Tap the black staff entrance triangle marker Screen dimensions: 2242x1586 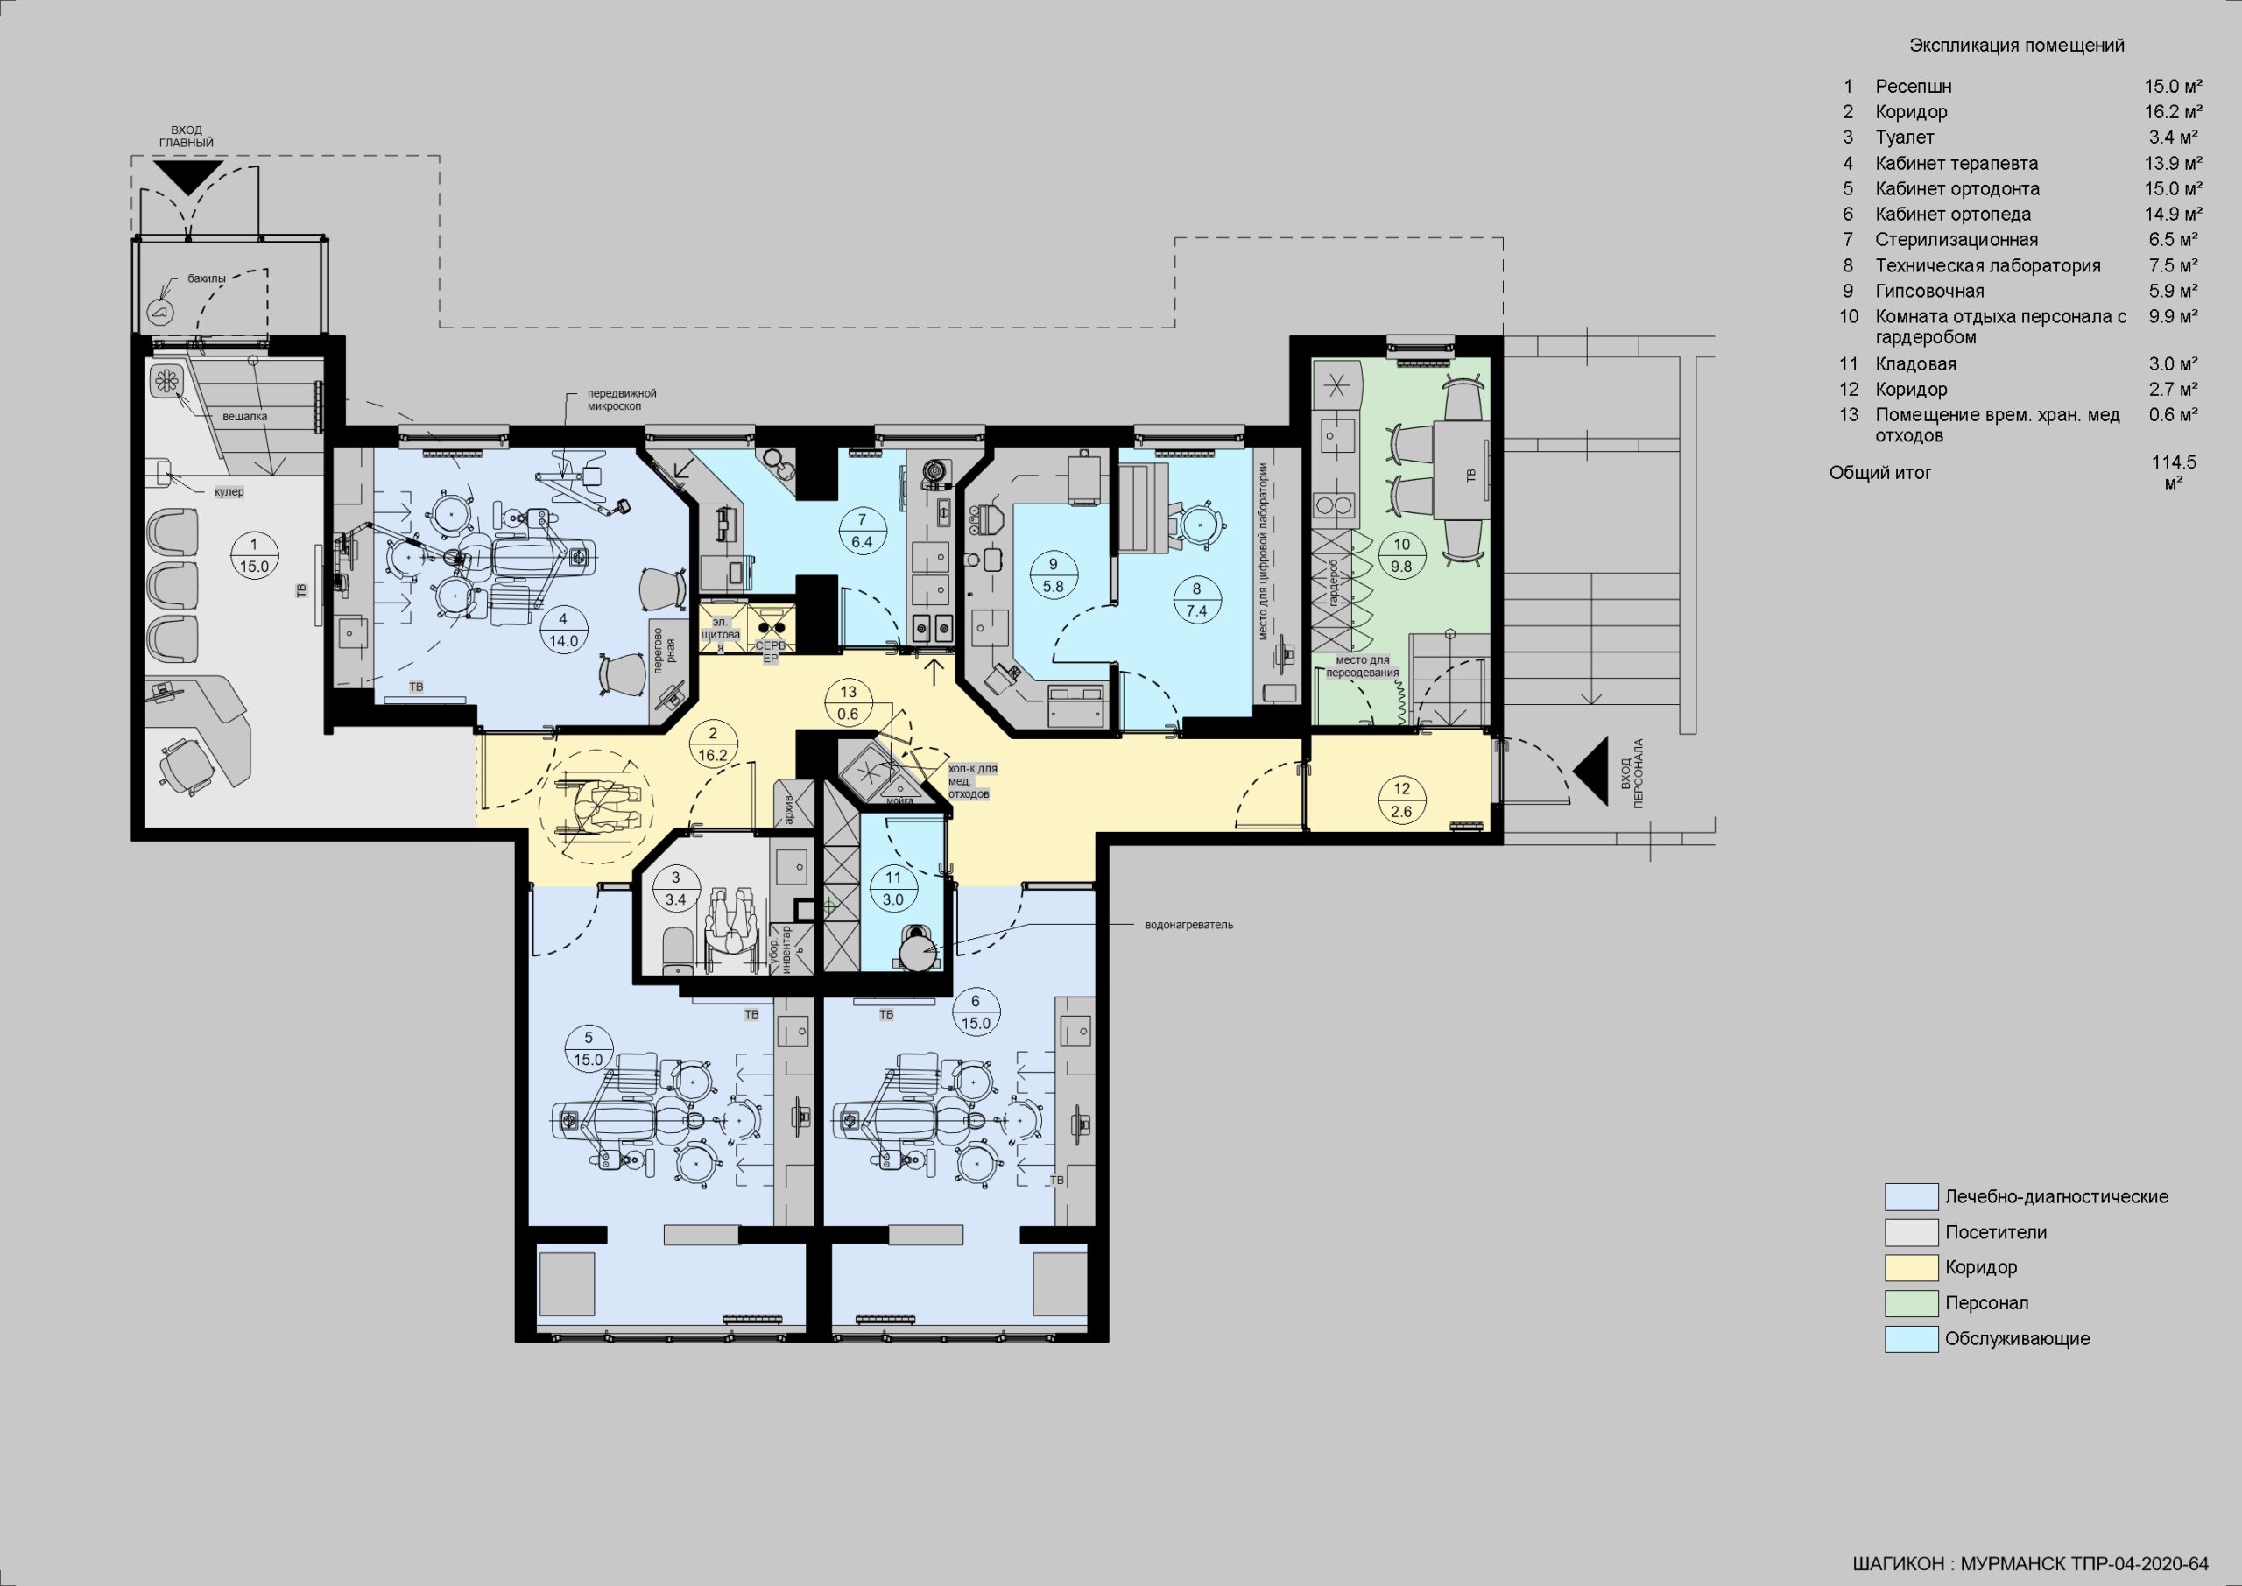pyautogui.click(x=1593, y=772)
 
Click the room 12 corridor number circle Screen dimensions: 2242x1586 pyautogui.click(x=1401, y=800)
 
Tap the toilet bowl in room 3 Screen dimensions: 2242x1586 pyautogui.click(x=677, y=949)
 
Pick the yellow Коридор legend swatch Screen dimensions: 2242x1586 pyautogui.click(x=1911, y=1267)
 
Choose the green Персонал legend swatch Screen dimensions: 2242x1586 pyautogui.click(x=1911, y=1303)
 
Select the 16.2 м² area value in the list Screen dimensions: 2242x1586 pyautogui.click(x=2173, y=112)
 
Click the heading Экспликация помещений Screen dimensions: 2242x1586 pyautogui.click(x=2016, y=46)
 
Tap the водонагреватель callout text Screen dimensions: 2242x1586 pyautogui.click(x=1188, y=925)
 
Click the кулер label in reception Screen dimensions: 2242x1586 pyautogui.click(x=229, y=492)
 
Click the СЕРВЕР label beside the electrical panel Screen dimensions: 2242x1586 pyautogui.click(x=771, y=652)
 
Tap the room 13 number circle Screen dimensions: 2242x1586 pyautogui.click(x=848, y=703)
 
